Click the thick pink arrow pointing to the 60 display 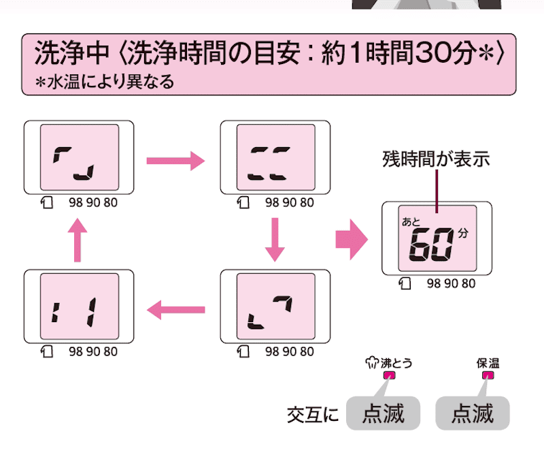tap(352, 240)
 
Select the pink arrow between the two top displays tap(175, 161)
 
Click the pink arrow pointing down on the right tap(274, 239)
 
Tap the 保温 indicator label tap(488, 363)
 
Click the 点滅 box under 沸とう tap(383, 413)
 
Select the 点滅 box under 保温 tap(473, 413)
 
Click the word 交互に tap(312, 414)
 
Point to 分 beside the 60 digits tap(463, 234)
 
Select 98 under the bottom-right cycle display tap(272, 351)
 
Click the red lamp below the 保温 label tap(488, 375)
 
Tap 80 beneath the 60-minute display tap(468, 283)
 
